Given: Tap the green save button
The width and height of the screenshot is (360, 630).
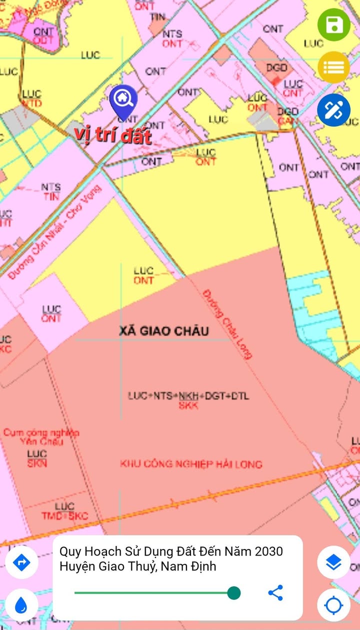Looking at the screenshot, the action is (x=333, y=24).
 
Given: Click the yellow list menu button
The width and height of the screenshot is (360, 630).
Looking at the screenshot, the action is (x=333, y=67).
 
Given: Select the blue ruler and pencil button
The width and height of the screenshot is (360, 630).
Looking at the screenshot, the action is (x=333, y=109).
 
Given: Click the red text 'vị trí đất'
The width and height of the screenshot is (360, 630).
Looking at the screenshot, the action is (x=113, y=135).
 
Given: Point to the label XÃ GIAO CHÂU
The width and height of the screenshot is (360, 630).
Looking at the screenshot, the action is (x=164, y=331).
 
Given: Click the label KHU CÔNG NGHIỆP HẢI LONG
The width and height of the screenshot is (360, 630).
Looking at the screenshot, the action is (x=191, y=464).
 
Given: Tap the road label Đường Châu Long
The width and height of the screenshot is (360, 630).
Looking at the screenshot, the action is (x=227, y=323).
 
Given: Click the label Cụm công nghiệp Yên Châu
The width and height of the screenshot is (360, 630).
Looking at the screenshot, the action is (x=41, y=437).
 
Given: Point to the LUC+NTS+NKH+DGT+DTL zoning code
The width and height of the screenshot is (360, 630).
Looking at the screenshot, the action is (x=188, y=396).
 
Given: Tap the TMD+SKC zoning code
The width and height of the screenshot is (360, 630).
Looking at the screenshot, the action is (x=64, y=516).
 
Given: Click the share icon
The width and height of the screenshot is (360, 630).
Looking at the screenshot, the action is (x=275, y=593).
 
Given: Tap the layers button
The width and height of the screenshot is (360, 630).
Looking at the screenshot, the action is (x=333, y=562).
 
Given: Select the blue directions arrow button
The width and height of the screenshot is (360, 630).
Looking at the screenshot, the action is (x=21, y=562).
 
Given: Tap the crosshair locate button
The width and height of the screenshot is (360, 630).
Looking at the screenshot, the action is (x=333, y=606).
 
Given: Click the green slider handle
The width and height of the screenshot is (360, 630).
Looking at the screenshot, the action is (x=233, y=593).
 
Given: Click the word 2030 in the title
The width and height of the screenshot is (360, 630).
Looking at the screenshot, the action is (x=268, y=551).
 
